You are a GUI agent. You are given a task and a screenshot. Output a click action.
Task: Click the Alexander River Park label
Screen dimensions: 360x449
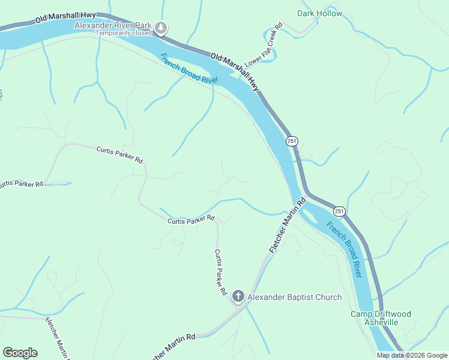pos(113,25)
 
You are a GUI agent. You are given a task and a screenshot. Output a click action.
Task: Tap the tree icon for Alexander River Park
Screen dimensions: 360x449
pos(161,27)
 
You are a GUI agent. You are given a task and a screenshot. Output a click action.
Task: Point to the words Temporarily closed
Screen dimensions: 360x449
pos(124,34)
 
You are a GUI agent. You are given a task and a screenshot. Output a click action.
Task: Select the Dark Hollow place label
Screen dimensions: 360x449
pos(319,13)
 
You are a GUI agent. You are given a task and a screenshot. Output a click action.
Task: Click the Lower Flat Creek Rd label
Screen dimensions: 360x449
pos(263,46)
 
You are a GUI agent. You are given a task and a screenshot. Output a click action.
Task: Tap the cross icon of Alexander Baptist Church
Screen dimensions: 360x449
pos(238,296)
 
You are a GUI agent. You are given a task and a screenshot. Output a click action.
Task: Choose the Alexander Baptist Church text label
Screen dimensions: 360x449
pos(295,297)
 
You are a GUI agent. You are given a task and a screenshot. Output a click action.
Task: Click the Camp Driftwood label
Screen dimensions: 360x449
pos(381,314)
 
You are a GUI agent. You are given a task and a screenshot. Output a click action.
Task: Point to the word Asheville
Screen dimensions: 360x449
pos(381,322)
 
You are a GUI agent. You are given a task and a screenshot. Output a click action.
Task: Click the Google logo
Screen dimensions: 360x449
pos(20,353)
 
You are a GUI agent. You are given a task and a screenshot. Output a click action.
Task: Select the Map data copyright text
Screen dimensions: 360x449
pos(411,355)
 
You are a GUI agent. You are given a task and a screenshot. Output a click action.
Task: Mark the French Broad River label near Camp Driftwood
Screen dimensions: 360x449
pos(345,249)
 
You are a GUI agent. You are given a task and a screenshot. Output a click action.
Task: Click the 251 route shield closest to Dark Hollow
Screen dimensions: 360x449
pos(292,141)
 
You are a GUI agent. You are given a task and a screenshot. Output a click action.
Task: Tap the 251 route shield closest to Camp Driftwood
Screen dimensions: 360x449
pos(339,211)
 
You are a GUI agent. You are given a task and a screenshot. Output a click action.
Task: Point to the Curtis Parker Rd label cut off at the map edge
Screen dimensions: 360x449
pos(22,184)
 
